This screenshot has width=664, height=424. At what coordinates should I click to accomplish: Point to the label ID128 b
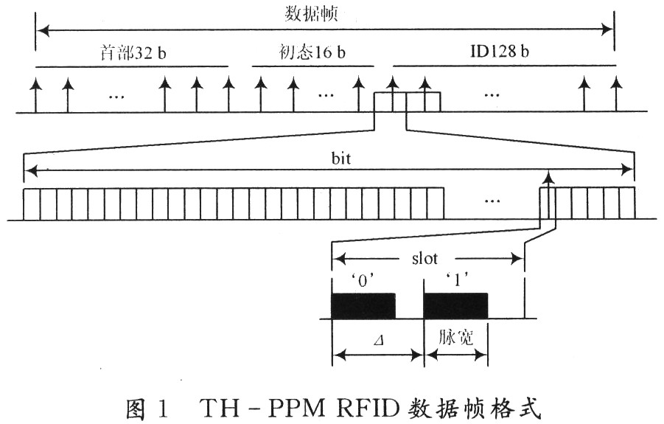pyautogui.click(x=503, y=54)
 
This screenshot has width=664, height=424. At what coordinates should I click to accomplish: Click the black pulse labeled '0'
pyautogui.click(x=363, y=306)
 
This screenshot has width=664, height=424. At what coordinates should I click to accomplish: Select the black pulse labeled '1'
pyautogui.click(x=455, y=306)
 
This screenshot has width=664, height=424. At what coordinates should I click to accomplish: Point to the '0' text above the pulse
pyautogui.click(x=362, y=282)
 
